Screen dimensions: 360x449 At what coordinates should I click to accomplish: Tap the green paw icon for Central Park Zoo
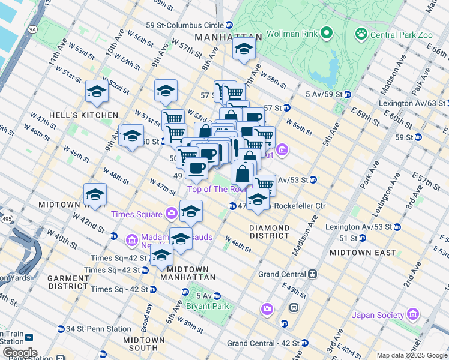pos(361,34)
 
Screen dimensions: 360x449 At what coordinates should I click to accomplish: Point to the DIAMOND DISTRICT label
pos(269,233)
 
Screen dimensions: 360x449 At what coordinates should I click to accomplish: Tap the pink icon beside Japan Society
pos(412,314)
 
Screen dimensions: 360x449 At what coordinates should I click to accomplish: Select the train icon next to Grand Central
pos(313,274)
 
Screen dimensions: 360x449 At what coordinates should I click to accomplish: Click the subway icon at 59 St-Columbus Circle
pos(229,25)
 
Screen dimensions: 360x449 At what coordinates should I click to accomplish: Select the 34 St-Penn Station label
pos(98,329)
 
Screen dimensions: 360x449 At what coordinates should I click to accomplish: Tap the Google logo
pos(19,353)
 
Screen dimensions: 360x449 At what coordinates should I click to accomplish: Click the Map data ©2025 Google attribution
pos(412,355)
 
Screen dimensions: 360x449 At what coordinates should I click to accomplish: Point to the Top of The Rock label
pos(216,189)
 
